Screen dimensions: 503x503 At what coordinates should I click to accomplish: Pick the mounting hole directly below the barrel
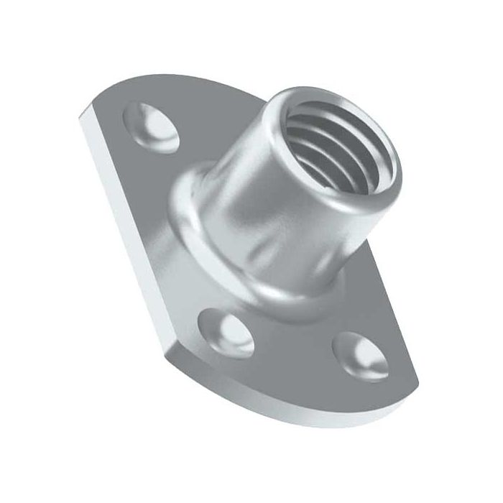228,333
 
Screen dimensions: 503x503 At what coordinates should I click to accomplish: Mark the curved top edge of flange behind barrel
216,83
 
